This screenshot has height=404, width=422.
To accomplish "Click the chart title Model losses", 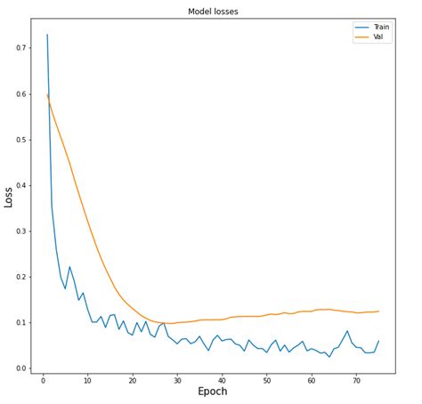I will pos(213,12).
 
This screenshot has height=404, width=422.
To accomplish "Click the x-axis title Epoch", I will pos(213,392).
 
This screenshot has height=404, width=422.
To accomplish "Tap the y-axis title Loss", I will pos(10,197).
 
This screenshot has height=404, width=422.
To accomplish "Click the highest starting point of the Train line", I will pos(47,35).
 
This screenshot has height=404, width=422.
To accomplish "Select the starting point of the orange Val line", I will pos(47,94).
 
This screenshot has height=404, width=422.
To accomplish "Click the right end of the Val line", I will pos(378,311).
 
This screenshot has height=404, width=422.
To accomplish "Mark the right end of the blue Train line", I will pos(378,341).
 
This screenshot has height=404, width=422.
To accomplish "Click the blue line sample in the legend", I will pos(361,27).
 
